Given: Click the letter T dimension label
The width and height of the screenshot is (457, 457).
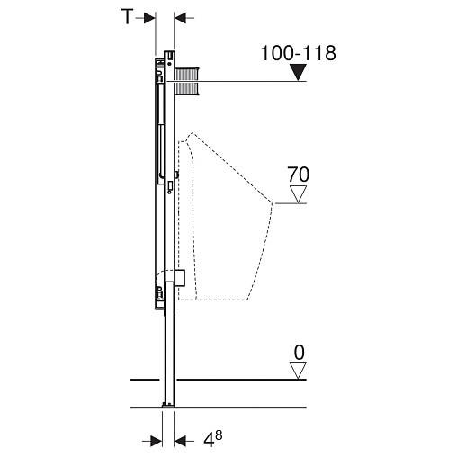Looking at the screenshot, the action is [x=127, y=17].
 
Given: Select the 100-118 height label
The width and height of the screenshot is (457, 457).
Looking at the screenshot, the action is [x=299, y=53].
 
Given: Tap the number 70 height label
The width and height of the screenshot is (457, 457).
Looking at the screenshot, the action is [x=298, y=175].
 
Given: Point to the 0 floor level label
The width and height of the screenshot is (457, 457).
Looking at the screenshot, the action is [x=299, y=353].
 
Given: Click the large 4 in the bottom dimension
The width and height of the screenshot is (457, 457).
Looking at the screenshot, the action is [x=209, y=441].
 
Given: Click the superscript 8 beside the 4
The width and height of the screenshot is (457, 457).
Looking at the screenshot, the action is [x=219, y=435].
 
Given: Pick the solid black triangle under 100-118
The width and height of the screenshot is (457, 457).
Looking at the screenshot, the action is [x=298, y=73].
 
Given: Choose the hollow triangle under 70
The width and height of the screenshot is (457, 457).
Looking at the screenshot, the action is [x=298, y=194].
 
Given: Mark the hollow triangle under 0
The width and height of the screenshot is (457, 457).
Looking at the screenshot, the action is [x=298, y=371].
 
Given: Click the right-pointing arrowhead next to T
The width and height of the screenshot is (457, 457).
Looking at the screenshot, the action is [x=149, y=18].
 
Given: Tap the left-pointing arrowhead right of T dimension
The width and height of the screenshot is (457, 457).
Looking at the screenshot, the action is [x=180, y=18].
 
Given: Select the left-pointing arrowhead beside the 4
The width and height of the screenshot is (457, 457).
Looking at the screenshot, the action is [x=180, y=441].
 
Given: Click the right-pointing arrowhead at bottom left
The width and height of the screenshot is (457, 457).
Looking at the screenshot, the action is [x=157, y=441].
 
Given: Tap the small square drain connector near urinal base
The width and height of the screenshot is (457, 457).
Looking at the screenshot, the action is [x=180, y=277].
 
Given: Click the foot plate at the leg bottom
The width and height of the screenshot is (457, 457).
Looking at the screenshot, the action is [x=168, y=405].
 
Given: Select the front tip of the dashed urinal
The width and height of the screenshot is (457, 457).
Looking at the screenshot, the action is [x=273, y=203].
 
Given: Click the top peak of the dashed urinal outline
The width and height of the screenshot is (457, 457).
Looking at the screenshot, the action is [x=192, y=133].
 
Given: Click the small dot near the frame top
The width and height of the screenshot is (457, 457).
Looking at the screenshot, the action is [x=169, y=64].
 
